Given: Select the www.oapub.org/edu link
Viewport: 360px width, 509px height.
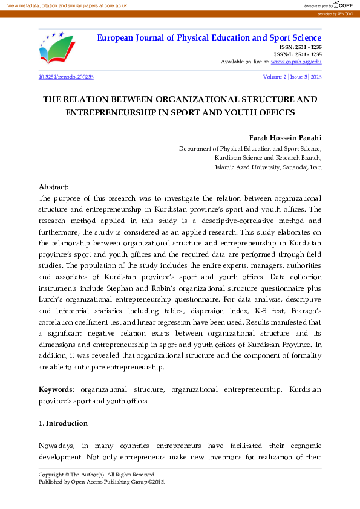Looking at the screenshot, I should (296, 62).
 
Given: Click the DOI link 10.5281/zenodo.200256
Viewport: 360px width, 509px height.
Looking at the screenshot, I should (65, 77).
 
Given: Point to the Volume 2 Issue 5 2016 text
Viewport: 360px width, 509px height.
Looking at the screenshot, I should (292, 77).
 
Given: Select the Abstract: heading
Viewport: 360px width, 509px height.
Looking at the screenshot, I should (54, 187).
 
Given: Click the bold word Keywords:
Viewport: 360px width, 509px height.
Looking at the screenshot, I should (57, 390).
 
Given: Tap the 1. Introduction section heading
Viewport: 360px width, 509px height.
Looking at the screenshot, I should (63, 423).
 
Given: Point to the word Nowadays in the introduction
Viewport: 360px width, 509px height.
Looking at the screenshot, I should (56, 446).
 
